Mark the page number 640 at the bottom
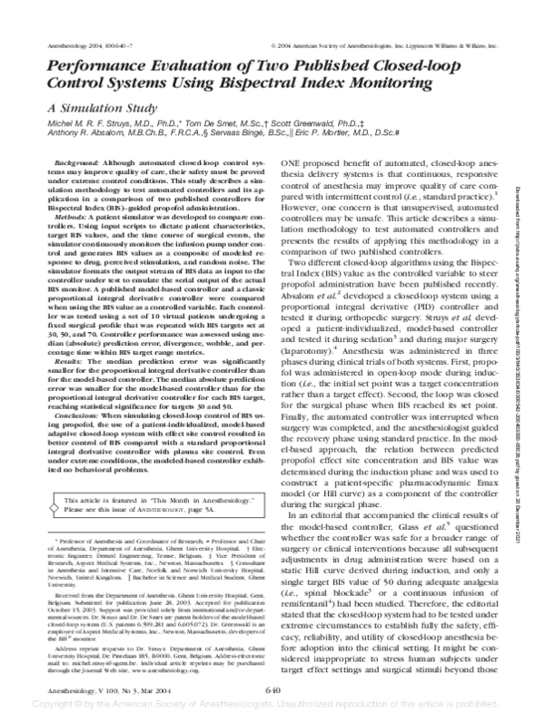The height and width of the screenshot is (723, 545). [x=272, y=689]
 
